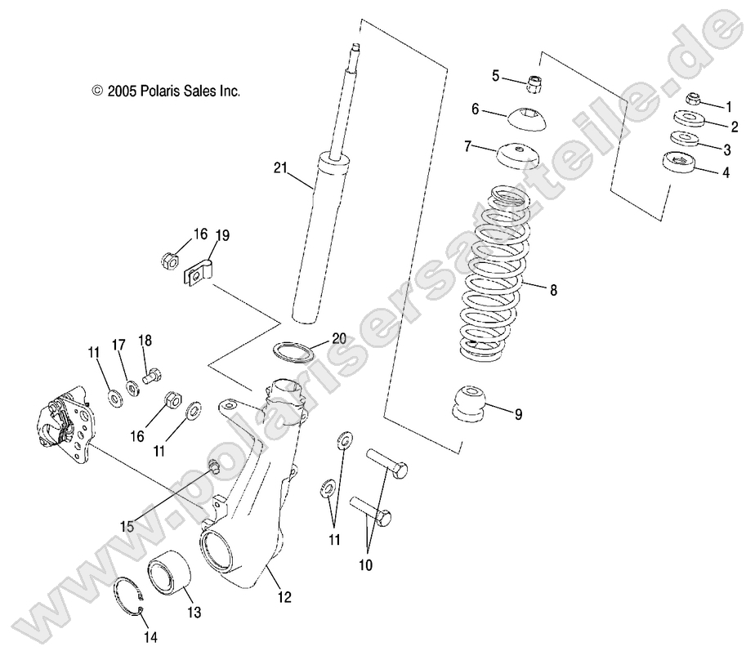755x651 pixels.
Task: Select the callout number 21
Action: [281, 169]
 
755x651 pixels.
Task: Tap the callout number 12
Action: [284, 597]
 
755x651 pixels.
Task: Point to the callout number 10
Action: [364, 564]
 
